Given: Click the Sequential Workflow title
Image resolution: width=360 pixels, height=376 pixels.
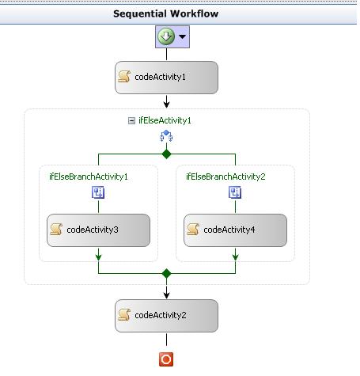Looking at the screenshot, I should pyautogui.click(x=166, y=13).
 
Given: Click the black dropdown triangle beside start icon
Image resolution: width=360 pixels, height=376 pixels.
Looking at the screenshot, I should pyautogui.click(x=182, y=37).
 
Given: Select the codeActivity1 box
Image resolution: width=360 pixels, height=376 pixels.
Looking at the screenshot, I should pyautogui.click(x=166, y=78).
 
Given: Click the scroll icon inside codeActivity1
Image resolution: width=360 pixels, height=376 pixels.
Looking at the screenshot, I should pyautogui.click(x=124, y=78).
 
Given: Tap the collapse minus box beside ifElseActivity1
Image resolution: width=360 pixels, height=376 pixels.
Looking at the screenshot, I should pyautogui.click(x=131, y=121).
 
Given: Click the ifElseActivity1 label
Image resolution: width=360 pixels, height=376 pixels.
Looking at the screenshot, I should pyautogui.click(x=165, y=121).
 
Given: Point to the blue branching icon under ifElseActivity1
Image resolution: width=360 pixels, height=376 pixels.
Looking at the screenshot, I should pyautogui.click(x=166, y=137).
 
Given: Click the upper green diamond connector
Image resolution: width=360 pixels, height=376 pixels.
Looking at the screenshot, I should pyautogui.click(x=166, y=154).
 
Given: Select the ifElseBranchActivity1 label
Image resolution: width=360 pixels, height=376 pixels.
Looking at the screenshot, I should pyautogui.click(x=89, y=177).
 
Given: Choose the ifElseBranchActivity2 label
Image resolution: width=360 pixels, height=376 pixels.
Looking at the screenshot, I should pyautogui.click(x=225, y=177).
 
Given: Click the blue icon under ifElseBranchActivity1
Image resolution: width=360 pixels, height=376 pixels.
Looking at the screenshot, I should pyautogui.click(x=98, y=192).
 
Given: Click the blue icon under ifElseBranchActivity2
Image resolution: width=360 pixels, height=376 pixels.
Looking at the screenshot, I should pyautogui.click(x=235, y=192).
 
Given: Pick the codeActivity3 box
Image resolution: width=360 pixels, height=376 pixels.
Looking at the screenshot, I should pyautogui.click(x=98, y=230).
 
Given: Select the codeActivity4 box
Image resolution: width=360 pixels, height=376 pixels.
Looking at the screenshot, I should pyautogui.click(x=235, y=230).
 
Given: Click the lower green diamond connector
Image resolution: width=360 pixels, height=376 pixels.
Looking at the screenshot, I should pyautogui.click(x=166, y=274).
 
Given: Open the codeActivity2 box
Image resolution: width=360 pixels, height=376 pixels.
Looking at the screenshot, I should pyautogui.click(x=166, y=315).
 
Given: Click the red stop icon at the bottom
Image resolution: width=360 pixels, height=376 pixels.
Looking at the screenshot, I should pyautogui.click(x=166, y=360).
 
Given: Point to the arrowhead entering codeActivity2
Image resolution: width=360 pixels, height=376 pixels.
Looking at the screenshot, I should pyautogui.click(x=166, y=295).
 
